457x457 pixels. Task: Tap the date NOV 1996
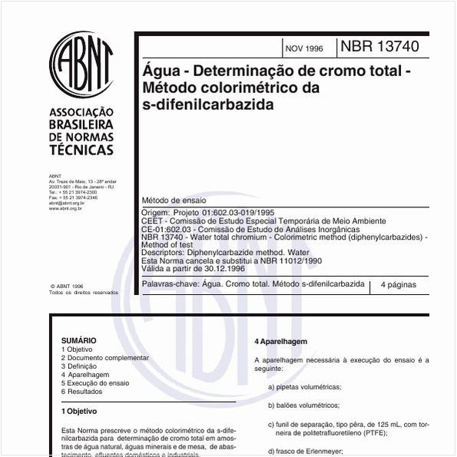pos(304,48)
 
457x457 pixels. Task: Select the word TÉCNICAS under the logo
pos(81,150)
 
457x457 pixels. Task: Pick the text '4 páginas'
pos(398,284)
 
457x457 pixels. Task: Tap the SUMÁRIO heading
pos(79,339)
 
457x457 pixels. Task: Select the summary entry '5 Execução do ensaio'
pos(96,382)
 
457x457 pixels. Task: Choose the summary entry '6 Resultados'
pos(82,392)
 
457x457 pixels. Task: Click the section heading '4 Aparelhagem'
pos(281,341)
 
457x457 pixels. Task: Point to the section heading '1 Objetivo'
pos(79,412)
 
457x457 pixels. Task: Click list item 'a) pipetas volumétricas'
pos(305,386)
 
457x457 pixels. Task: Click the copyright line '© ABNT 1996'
pos(67,284)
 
